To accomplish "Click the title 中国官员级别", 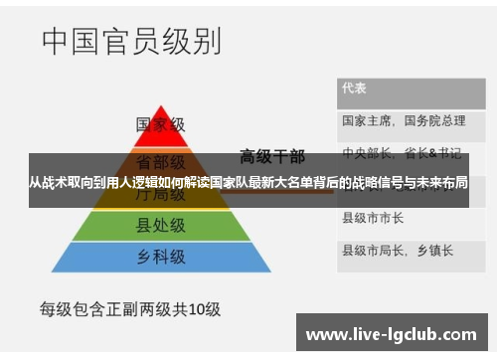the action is pos(131,43).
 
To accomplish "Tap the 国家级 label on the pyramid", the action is pos(161,125).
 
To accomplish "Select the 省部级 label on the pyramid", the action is pos(161,160).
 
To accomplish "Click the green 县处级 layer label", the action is pos(161,228).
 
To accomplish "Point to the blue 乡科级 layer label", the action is pos(161,257).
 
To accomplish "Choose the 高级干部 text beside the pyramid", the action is pos(272,155).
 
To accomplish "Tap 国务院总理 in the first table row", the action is pos(434,120).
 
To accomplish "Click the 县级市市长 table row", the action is pos(373,217).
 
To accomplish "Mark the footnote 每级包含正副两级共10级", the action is pos(129,308).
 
